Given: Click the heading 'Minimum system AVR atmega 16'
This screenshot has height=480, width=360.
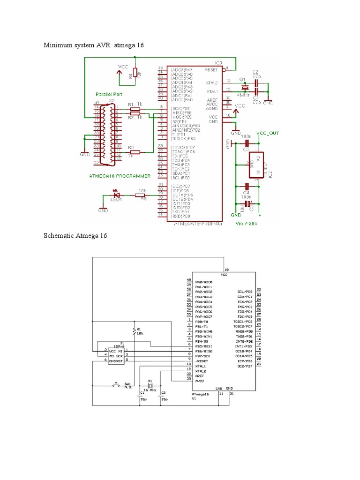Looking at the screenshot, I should tap(93, 45).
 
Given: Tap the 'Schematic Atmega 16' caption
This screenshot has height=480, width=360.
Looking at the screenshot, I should tap(75, 235).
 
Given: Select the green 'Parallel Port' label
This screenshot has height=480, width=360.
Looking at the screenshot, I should tap(109, 94).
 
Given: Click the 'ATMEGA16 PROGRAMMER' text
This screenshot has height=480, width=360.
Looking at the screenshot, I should tap(120, 176).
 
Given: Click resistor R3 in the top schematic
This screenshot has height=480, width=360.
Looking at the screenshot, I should tap(135, 152).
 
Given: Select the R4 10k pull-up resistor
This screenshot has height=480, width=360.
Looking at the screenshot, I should tap(135, 73).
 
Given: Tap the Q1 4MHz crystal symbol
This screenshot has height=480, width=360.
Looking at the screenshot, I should tap(244, 87).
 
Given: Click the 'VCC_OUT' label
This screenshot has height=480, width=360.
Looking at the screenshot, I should tap(268, 133).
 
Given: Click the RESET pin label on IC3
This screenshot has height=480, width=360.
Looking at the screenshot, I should tap(212, 69).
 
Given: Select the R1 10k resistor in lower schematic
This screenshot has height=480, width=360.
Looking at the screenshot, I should tap(135, 331).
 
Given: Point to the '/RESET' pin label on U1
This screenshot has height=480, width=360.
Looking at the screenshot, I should tap(202, 361).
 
